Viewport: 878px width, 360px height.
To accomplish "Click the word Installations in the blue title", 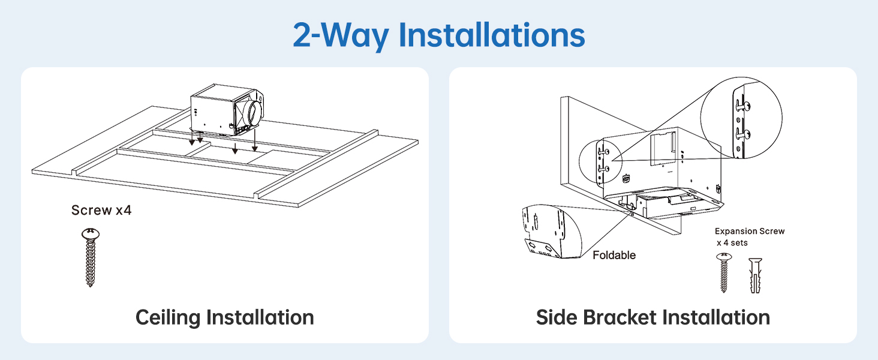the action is click(492, 35).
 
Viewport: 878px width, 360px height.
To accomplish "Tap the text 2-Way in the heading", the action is click(341, 36).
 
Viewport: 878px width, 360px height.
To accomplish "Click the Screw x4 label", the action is click(101, 210).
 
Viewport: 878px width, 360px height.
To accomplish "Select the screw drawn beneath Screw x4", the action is click(91, 257).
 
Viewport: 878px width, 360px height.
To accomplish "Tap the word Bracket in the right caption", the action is click(620, 317).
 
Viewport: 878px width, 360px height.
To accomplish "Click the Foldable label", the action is click(614, 255).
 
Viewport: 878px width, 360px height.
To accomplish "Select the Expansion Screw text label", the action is click(750, 232).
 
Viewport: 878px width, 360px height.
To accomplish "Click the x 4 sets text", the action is click(732, 243).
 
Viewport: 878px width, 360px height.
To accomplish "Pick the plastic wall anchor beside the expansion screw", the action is click(755, 275).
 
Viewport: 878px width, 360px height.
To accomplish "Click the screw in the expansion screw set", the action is click(724, 272).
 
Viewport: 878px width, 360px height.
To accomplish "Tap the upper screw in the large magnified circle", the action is click(743, 106).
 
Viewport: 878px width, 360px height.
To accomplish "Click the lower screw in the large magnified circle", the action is click(743, 134).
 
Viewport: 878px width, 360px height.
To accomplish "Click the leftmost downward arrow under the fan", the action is click(192, 137).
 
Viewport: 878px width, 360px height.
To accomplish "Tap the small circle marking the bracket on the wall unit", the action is click(600, 161).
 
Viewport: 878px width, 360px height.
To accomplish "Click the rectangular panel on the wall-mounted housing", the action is click(663, 149).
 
